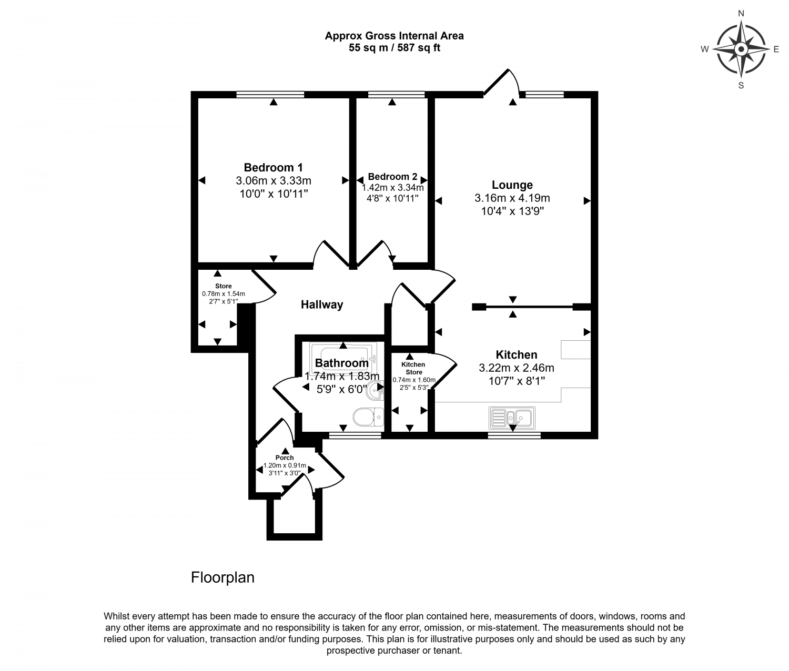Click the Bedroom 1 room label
[x=274, y=168]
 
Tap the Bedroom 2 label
[x=392, y=177]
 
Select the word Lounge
[x=512, y=185]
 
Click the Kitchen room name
[x=517, y=355]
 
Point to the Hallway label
[x=322, y=304]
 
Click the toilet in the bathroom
[x=368, y=416]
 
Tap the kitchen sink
[x=512, y=418]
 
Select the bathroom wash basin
[x=375, y=391]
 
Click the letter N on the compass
[x=741, y=14]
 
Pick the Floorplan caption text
[x=222, y=577]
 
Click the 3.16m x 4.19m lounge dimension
[x=512, y=198]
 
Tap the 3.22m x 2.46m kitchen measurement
[x=517, y=368]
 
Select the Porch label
[x=285, y=457]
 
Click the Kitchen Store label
[x=413, y=368]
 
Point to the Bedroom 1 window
[x=270, y=94]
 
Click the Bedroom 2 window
[x=396, y=94]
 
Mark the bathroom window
[x=355, y=435]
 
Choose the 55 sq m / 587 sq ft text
[x=394, y=48]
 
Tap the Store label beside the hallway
[x=224, y=286]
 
